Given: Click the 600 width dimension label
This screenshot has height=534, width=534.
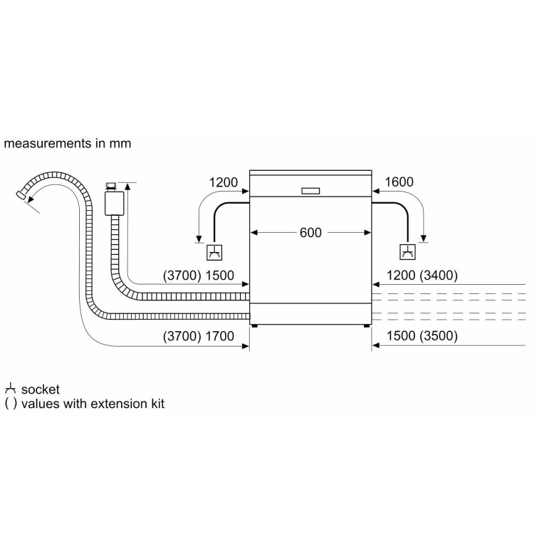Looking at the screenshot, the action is coord(310,233).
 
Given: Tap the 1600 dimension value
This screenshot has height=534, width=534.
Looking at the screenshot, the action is coord(399,182).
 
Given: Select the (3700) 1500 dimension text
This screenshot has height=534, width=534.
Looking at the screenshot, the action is coord(199,276).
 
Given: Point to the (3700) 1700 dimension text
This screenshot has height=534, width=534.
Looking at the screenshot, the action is coord(199,336).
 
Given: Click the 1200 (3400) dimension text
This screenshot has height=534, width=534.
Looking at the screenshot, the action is coord(422,275).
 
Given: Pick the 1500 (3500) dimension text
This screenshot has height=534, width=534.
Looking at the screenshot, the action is coord(422,336).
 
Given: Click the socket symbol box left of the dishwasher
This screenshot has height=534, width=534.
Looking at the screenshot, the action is coord(214,252).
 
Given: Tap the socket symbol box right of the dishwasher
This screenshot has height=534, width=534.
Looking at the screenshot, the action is coord(407,252).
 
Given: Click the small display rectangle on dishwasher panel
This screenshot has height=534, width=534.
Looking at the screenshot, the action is coord(310,191).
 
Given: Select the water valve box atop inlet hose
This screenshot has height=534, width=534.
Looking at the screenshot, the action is coord(115,204).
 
